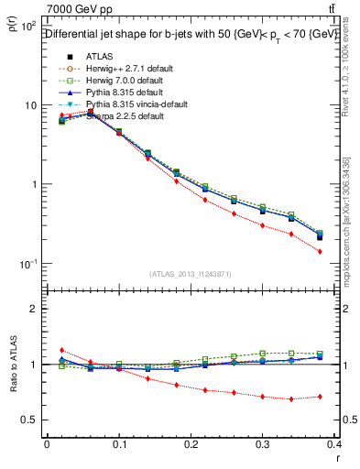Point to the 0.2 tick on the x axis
click(191, 445)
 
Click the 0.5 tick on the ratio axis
click(30, 420)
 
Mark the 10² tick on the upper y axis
click(27, 27)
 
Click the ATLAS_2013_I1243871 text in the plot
click(191, 273)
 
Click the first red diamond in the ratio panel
click(61, 350)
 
